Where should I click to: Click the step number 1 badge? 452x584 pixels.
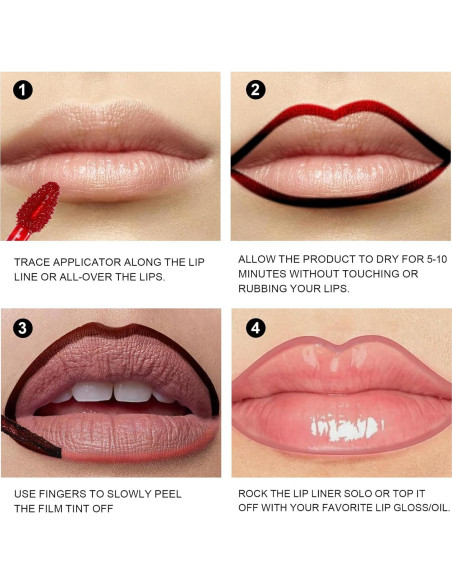(23, 89)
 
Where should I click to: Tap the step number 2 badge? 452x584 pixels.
(256, 89)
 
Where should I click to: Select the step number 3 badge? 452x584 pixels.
(23, 327)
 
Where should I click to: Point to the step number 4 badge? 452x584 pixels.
(256, 327)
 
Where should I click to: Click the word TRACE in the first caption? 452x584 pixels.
(33, 261)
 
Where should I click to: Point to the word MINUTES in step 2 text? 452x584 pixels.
(263, 273)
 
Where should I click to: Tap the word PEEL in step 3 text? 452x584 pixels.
(174, 494)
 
